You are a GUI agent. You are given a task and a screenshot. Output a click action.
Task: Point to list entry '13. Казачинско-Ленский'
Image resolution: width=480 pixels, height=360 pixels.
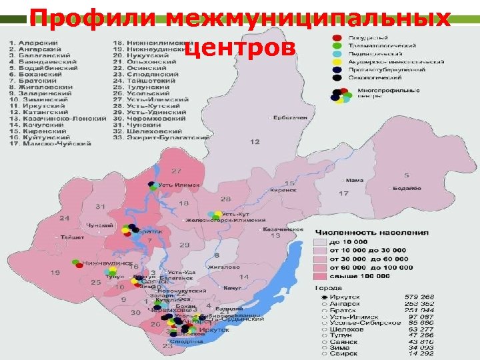pos(57,119)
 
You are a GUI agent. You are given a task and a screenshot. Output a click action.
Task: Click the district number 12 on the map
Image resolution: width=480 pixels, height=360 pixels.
pos(255,142)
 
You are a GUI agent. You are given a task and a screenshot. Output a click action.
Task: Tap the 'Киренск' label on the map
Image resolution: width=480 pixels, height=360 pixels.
pos(284,190)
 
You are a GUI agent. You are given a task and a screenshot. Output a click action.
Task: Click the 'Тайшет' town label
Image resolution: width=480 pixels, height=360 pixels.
pos(72,237)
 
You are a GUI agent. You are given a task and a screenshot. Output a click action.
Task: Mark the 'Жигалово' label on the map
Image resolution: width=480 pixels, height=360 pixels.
pos(223,267)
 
